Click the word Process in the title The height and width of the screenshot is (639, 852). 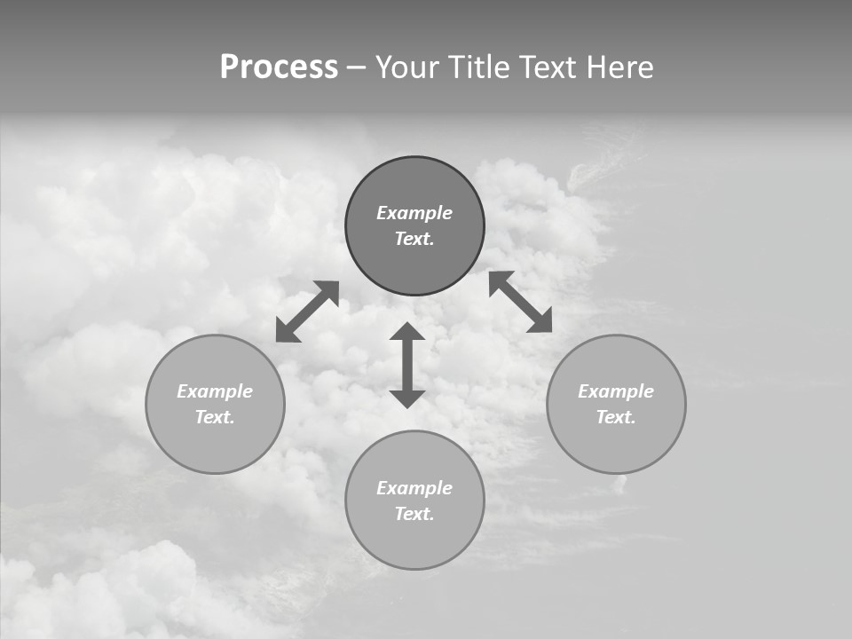tap(279, 67)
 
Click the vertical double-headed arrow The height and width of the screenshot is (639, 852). tap(407, 366)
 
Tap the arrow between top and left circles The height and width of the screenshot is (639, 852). tap(307, 312)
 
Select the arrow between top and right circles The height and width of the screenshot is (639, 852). tap(521, 302)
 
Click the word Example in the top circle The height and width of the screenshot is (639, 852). tap(414, 213)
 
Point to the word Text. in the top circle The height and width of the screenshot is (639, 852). tap(414, 239)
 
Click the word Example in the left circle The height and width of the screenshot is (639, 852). tap(215, 391)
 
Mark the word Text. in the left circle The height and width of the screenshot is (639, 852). tap(215, 417)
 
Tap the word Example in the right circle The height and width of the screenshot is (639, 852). tap(616, 391)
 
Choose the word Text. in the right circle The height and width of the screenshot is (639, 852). tap(616, 417)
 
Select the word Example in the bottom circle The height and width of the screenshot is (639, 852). tap(414, 488)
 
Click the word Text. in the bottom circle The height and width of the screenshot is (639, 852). tap(414, 514)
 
